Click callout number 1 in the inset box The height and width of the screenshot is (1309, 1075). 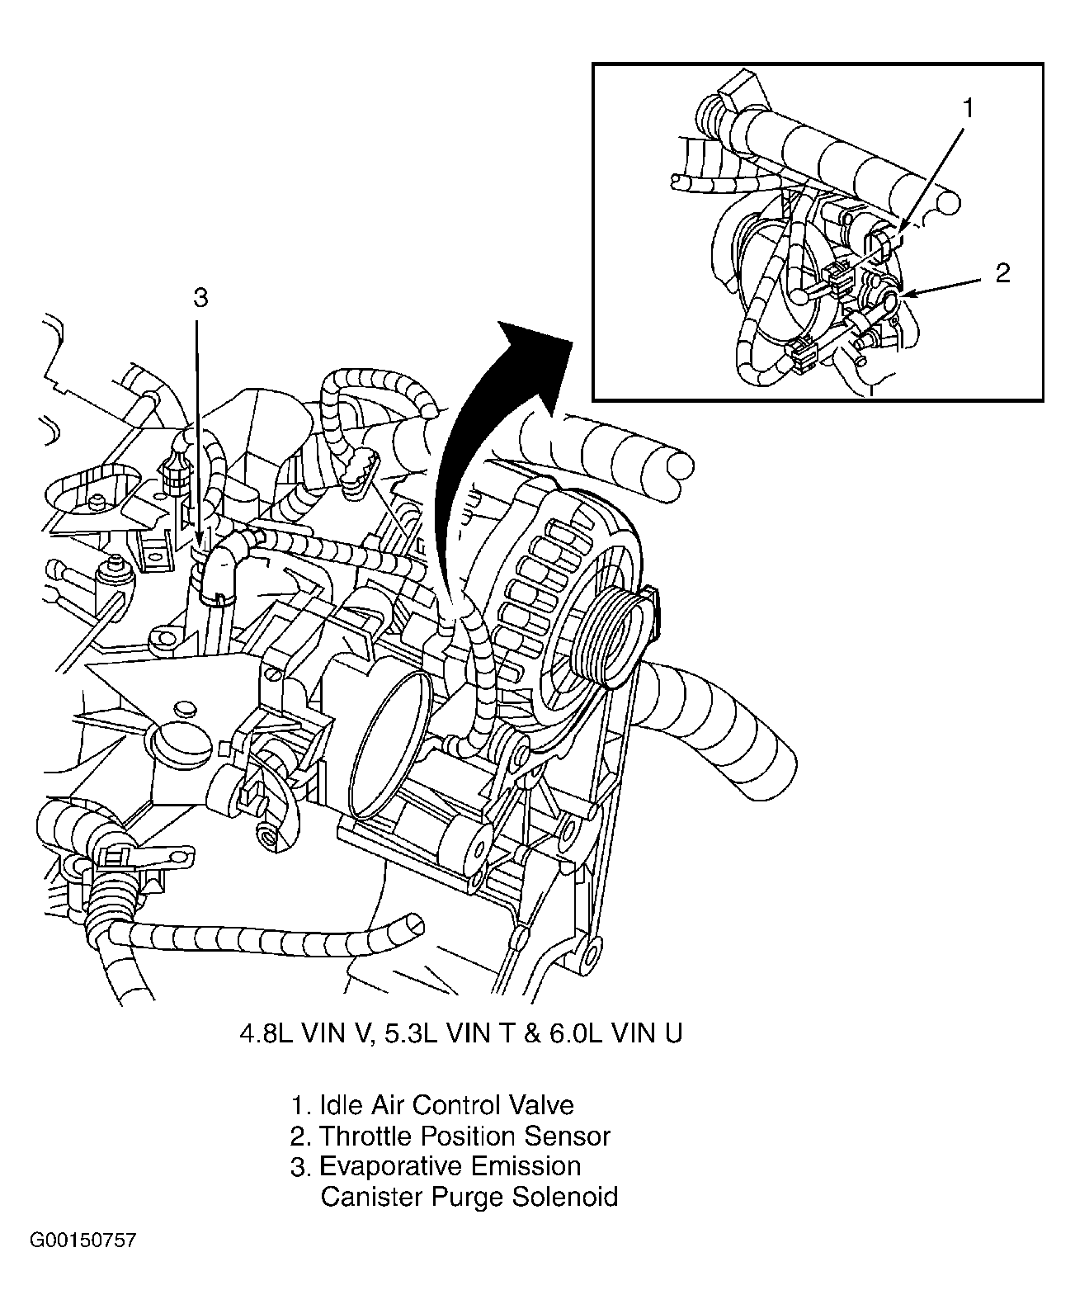[x=969, y=108]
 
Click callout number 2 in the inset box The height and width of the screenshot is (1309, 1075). [x=1002, y=273]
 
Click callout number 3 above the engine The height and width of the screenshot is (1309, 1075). [x=200, y=298]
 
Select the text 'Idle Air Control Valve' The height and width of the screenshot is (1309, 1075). [x=446, y=1104]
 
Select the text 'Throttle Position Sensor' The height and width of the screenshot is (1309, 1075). [x=464, y=1136]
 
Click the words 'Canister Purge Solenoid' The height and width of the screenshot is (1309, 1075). [x=469, y=1196]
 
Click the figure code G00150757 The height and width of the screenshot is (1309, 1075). [x=83, y=1240]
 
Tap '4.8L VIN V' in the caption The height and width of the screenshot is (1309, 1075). [x=297, y=1033]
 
